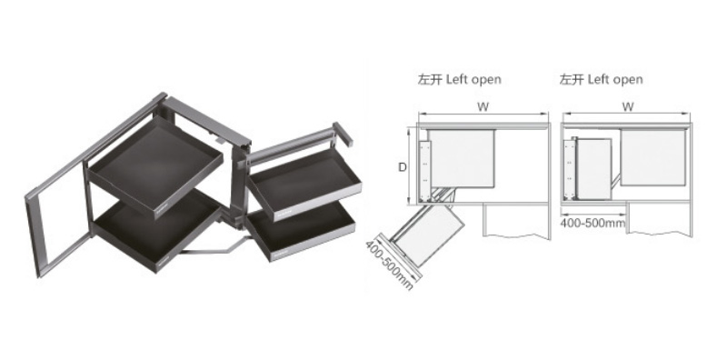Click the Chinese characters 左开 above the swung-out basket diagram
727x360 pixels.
click(429, 79)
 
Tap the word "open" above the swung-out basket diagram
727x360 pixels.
click(486, 80)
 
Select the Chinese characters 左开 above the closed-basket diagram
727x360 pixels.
click(572, 79)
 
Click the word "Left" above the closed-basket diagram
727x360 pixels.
click(597, 79)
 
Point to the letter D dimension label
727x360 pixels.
click(403, 167)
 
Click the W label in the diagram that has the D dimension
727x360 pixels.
click(483, 106)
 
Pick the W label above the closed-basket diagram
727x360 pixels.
click(628, 106)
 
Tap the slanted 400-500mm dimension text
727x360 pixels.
click(390, 265)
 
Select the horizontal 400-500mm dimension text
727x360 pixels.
click(593, 223)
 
